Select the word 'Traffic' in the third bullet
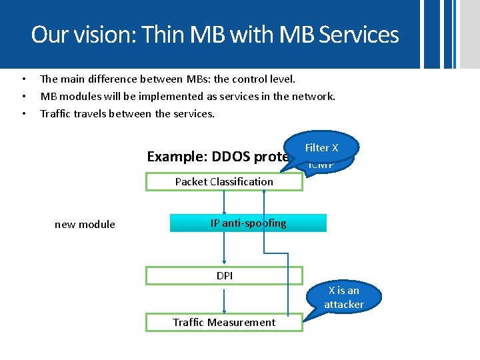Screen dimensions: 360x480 pyautogui.click(x=55, y=113)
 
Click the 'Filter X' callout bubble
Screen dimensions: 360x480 pyautogui.click(x=321, y=147)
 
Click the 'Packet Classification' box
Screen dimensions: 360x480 pyautogui.click(x=224, y=181)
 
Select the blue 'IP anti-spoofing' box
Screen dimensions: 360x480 pyautogui.click(x=248, y=223)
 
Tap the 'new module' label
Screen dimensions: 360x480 pyautogui.click(x=85, y=225)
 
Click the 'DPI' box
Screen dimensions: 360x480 pyautogui.click(x=224, y=275)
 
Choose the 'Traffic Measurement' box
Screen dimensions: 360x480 pyautogui.click(x=224, y=323)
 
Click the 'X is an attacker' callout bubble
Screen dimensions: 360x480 pyautogui.click(x=344, y=297)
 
